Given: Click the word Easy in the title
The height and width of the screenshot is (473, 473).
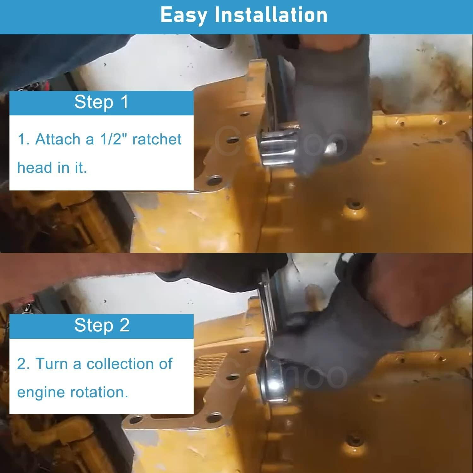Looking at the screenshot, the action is tap(184, 15).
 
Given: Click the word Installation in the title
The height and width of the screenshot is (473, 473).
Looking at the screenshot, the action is tap(271, 15).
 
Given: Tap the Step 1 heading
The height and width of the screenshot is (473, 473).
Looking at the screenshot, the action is tap(101, 102).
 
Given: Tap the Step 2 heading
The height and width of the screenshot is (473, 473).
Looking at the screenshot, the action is tap(102, 325).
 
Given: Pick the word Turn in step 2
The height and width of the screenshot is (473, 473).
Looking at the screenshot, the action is tap(52, 364).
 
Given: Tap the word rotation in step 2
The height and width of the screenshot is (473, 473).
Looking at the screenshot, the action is tap(99, 392).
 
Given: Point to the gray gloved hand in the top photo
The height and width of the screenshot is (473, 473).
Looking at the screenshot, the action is tap(328, 104).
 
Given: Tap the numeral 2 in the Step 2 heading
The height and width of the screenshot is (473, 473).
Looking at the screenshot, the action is tap(125, 325).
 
